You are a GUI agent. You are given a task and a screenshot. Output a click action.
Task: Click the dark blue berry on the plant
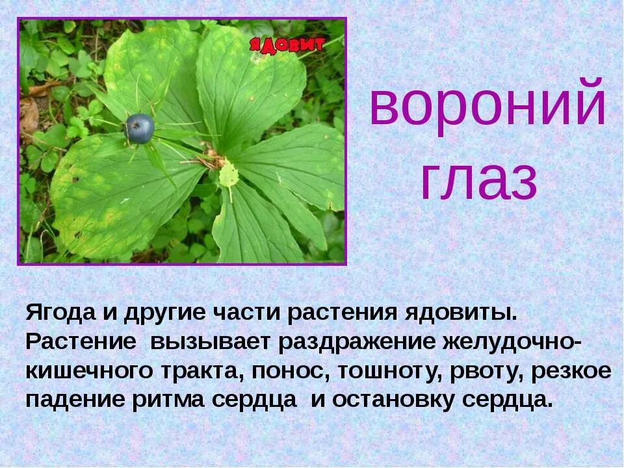click(x=140, y=129)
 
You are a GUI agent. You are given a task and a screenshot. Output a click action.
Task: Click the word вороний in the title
click(x=487, y=105)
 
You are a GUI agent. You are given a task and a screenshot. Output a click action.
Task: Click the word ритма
click(x=169, y=400)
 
